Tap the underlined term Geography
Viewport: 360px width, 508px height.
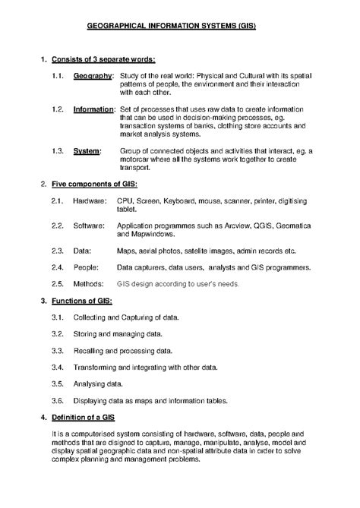93,77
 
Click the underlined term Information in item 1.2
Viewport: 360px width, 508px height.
94,109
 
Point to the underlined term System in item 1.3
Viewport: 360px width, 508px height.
87,151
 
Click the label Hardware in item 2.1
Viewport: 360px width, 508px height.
90,201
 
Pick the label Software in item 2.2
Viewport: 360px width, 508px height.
89,226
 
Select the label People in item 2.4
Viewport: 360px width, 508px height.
86,267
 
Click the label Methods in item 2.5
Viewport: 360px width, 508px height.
90,284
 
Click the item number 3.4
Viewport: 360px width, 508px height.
57,367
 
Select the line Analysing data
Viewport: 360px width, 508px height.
98,383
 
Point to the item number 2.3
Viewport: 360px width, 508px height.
57,251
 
